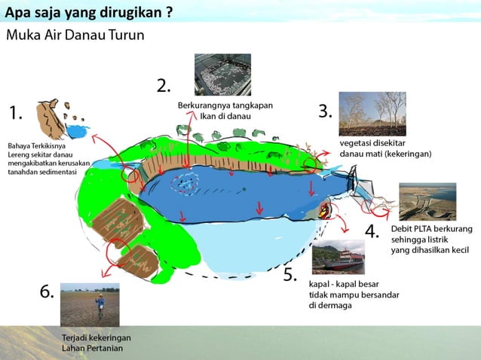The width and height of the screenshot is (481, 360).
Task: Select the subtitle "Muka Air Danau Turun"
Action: [x=75, y=35]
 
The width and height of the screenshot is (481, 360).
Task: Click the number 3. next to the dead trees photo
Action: [x=325, y=111]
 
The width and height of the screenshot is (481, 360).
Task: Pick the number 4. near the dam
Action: [x=372, y=231]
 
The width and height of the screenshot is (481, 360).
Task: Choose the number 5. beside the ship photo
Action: [x=290, y=275]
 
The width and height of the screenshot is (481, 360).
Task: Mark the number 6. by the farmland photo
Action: [x=47, y=292]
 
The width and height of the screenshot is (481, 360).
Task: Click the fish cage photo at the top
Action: [x=224, y=74]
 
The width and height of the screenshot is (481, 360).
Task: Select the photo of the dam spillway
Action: [x=427, y=200]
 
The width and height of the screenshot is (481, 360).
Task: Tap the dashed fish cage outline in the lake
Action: [x=185, y=182]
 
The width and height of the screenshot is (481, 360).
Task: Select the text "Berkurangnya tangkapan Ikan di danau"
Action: [x=225, y=111]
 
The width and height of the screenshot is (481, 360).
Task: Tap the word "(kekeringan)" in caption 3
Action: [x=406, y=154]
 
